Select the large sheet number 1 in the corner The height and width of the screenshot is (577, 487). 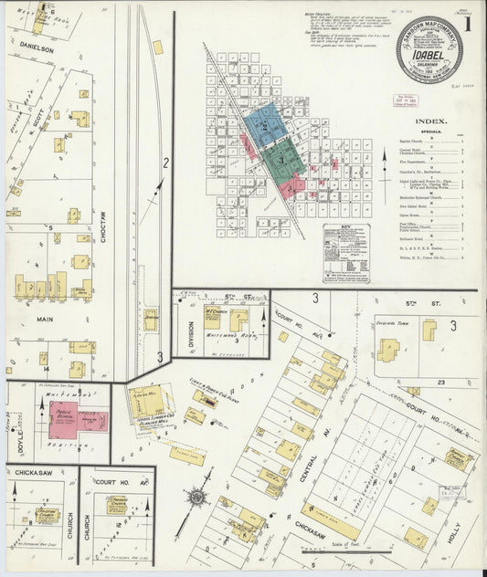tap(467, 26)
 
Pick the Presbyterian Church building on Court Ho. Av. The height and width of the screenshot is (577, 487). tap(116, 505)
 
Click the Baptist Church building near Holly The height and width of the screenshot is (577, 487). tap(458, 460)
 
